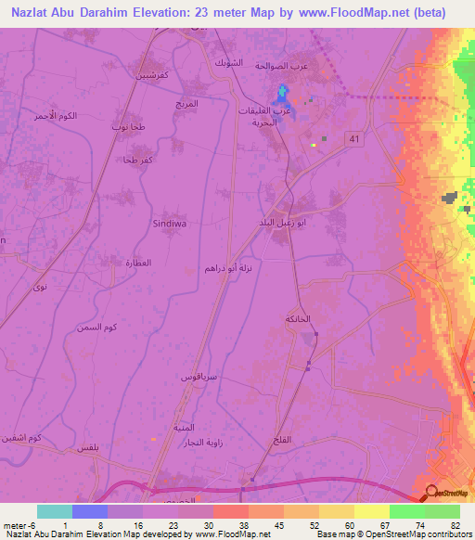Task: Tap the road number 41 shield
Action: point(353,138)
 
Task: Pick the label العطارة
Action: point(124,264)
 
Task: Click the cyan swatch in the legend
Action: point(54,511)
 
